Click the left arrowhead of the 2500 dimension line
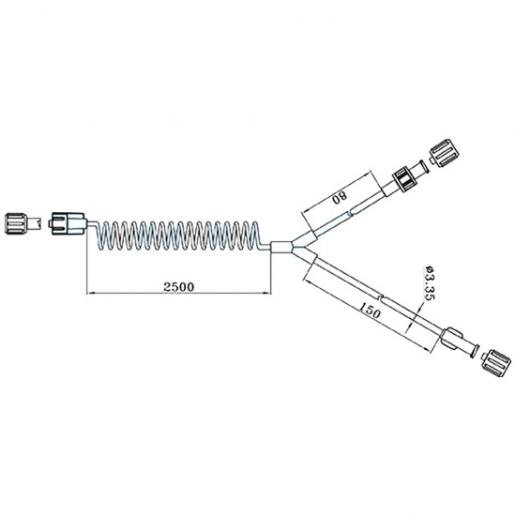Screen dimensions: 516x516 coord(91,295)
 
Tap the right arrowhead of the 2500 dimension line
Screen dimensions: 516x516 coord(269,295)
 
